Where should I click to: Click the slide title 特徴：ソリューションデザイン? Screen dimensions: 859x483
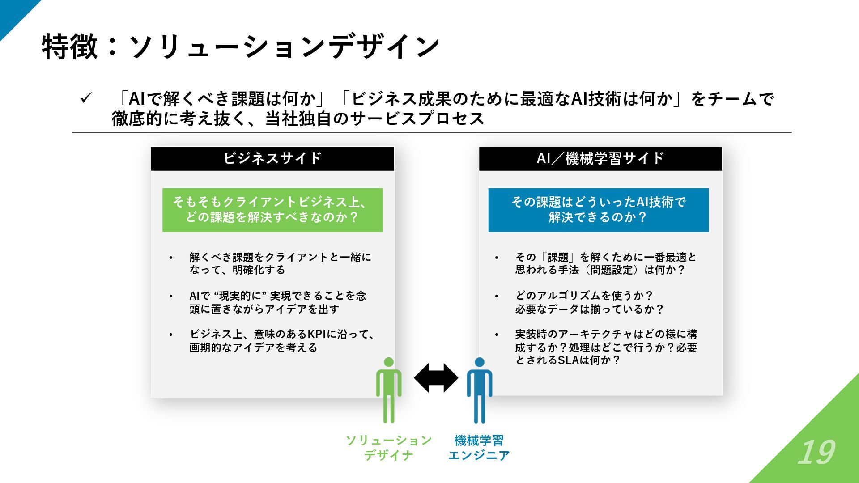[240, 47]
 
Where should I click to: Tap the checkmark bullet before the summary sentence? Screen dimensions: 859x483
[85, 98]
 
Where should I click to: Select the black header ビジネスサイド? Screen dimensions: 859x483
[272, 158]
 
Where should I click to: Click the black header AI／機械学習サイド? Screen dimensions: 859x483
[600, 158]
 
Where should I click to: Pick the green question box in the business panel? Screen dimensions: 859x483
[272, 210]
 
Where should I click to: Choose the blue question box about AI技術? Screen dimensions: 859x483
[598, 210]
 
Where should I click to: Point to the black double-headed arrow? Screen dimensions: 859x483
[436, 378]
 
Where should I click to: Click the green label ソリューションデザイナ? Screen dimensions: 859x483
[388, 448]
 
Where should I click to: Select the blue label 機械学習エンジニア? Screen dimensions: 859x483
[479, 448]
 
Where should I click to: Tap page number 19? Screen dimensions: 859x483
[816, 453]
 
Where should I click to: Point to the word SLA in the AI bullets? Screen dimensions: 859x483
[568, 360]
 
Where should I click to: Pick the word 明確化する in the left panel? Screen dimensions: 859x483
[259, 270]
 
